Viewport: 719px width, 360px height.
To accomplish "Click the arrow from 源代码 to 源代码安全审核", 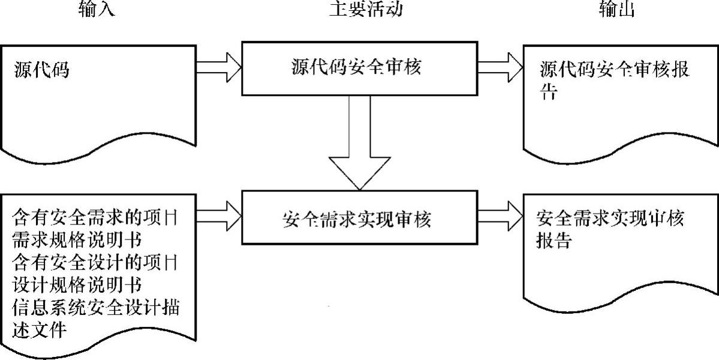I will (x=218, y=64).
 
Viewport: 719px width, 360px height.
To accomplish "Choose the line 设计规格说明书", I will (x=76, y=284).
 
